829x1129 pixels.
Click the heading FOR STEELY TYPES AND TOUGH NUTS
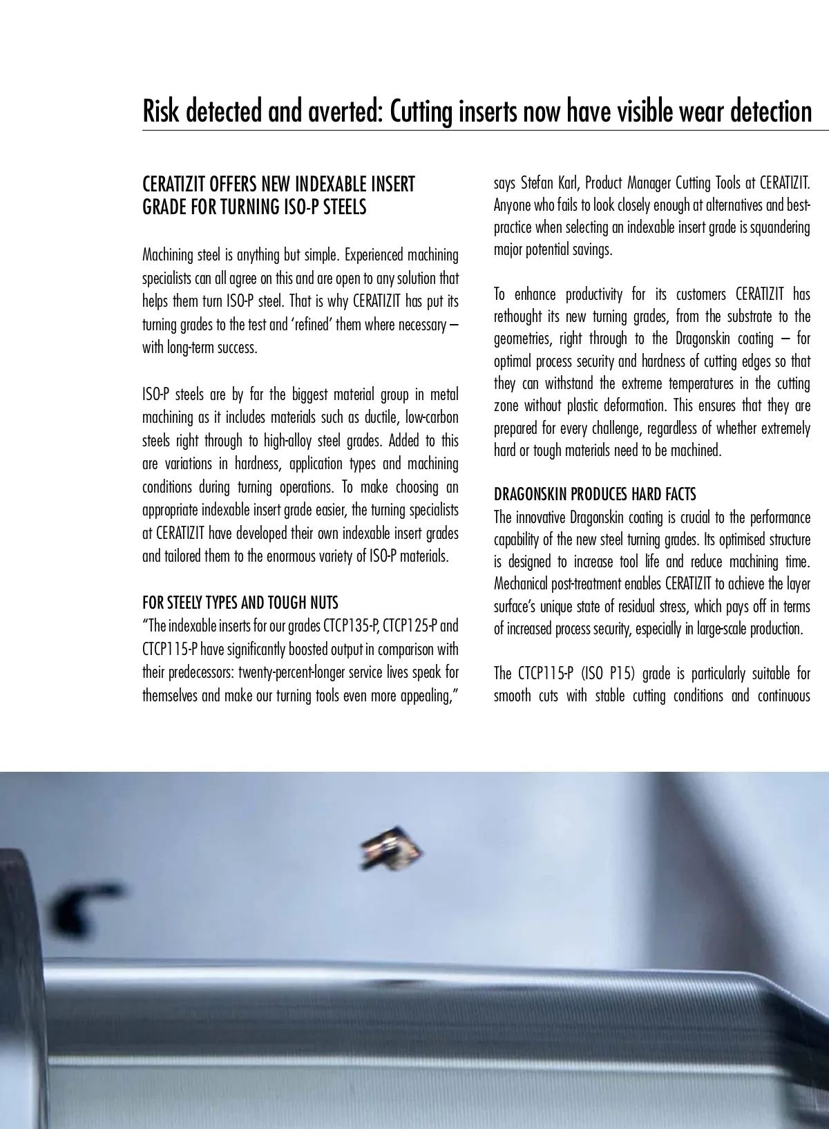pos(240,603)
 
